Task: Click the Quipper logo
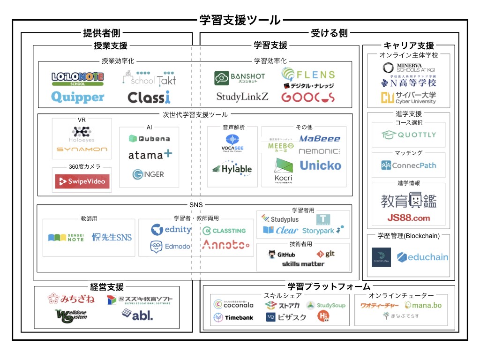(x=77, y=97)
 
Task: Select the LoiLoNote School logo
(x=77, y=78)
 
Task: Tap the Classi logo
(x=149, y=97)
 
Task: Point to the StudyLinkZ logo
(x=242, y=97)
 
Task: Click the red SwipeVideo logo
(x=82, y=181)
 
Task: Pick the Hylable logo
(x=232, y=169)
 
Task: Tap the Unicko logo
(x=320, y=165)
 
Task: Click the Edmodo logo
(x=171, y=247)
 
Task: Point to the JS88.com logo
(x=408, y=217)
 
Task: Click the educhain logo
(x=422, y=257)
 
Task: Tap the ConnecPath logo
(x=408, y=165)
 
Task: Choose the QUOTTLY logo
(x=408, y=135)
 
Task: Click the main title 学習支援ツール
(x=240, y=20)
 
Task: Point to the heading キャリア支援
(x=409, y=45)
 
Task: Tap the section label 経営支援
(x=107, y=286)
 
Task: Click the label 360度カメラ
(x=82, y=167)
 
